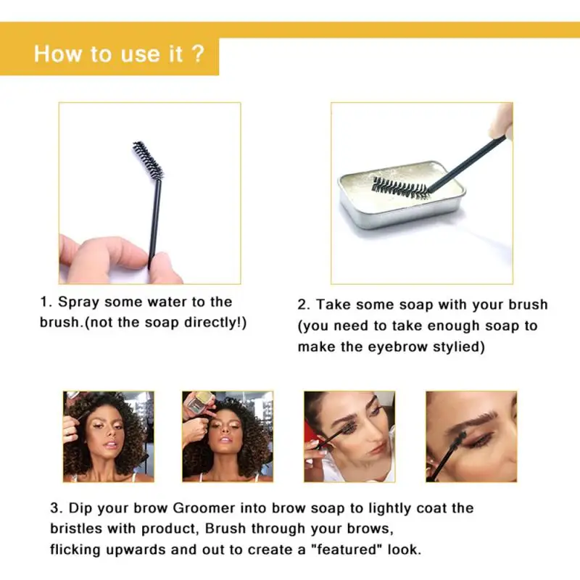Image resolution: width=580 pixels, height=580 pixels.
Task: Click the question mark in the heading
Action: (x=198, y=54)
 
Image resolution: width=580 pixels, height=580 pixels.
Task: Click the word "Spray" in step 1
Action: (x=78, y=302)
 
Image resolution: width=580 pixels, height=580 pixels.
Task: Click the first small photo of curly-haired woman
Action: (x=108, y=436)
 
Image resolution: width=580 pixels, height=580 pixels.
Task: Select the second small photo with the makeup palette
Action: (x=227, y=436)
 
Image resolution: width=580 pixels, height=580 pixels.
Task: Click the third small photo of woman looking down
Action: (x=349, y=436)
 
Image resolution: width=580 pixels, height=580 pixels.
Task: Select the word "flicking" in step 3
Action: (x=76, y=550)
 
